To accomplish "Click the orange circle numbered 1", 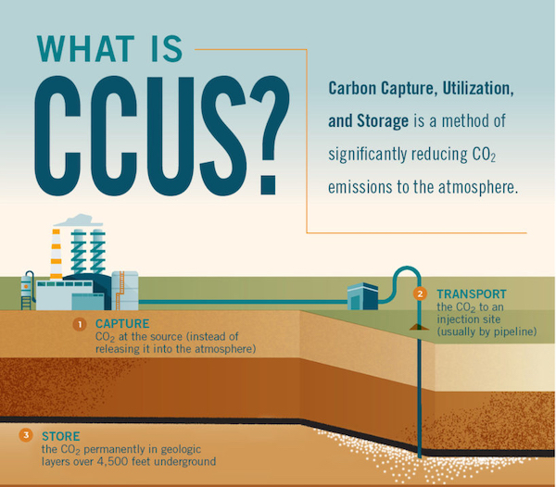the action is coord(80,324).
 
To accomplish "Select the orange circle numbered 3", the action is coord(26,435).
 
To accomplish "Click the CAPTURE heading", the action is coord(121,324).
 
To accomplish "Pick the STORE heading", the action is coord(61,435).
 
